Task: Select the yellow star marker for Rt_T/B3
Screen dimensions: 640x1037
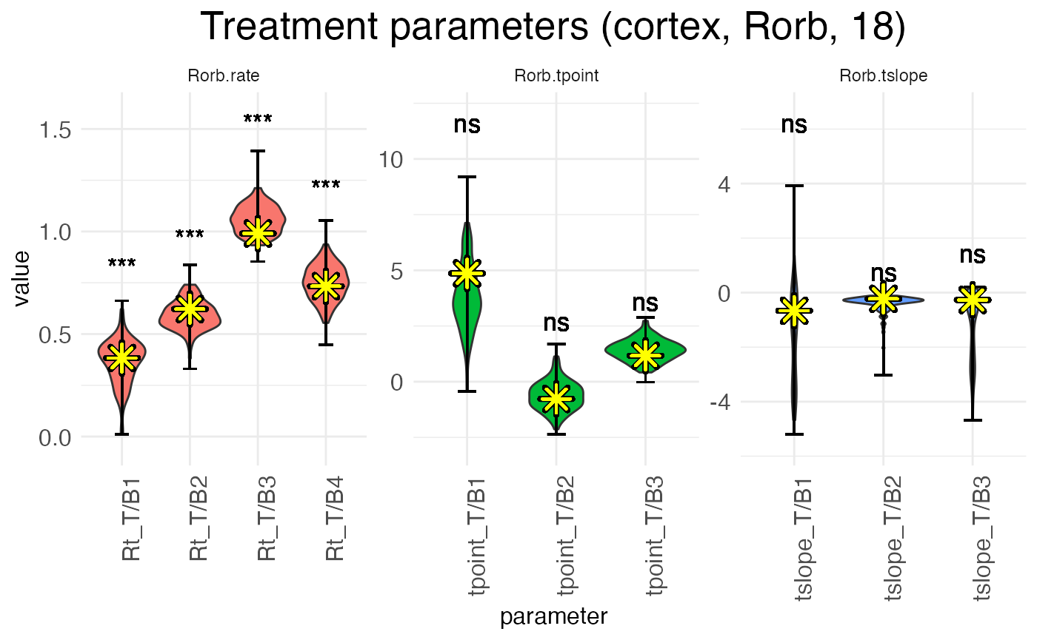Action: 258,233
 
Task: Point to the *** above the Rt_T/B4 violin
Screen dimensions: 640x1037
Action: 326,185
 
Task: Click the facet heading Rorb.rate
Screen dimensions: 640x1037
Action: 223,76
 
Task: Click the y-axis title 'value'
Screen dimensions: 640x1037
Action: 23,277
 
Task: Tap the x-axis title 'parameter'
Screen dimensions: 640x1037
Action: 554,616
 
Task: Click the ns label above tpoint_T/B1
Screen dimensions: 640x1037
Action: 467,124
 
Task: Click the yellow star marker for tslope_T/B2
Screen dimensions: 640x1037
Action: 883,299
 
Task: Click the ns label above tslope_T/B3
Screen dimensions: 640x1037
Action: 973,255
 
